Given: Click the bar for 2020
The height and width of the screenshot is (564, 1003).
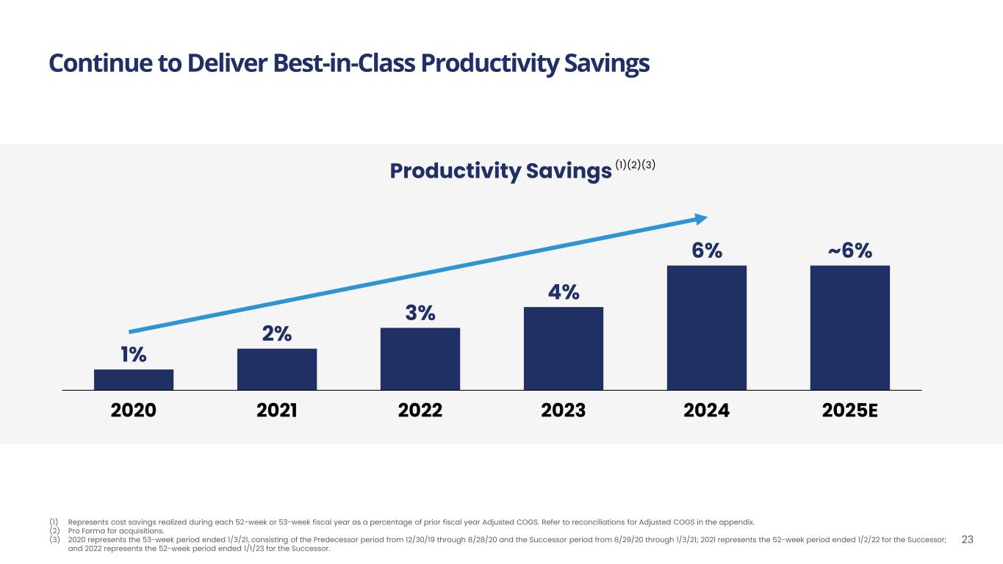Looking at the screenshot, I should pos(134,379).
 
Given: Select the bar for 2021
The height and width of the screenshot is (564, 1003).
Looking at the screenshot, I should pos(277,369).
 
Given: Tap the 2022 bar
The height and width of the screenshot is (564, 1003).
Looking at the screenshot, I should pos(420,358).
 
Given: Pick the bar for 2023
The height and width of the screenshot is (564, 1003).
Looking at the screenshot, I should pos(564,348).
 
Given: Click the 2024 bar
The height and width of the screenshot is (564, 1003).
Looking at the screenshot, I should pos(707,328).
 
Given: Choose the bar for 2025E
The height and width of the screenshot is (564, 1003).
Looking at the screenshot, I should pos(850,328).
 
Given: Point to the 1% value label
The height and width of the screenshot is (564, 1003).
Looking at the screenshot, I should pos(134,355).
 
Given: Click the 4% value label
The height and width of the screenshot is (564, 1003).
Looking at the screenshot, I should pos(564,292).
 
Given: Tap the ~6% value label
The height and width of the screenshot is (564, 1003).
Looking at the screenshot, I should pos(850,251).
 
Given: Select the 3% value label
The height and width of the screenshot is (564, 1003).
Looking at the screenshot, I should pos(420,314).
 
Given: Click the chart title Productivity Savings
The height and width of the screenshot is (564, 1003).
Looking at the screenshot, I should pos(500,171).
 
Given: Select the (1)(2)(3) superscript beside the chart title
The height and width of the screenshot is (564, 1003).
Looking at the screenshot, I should pos(636,165).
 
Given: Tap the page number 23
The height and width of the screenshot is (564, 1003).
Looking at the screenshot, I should pos(967,540).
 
